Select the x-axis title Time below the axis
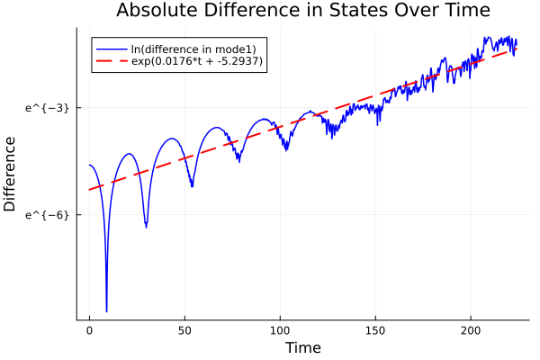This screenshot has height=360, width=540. tap(302, 347)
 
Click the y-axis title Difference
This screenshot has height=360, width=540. tap(11, 174)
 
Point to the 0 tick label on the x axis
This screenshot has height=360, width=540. tap(89, 330)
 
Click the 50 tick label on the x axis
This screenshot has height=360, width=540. tap(184, 330)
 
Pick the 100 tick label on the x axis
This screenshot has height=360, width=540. tap(280, 330)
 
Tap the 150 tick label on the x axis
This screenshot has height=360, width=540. tap(375, 330)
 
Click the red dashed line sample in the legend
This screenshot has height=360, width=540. tap(111, 61)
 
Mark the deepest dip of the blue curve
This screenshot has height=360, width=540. tap(106, 310)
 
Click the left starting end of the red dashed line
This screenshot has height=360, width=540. tap(89, 189)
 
